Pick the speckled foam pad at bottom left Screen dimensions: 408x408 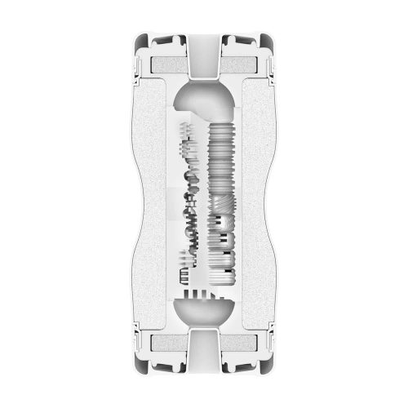click(167, 346)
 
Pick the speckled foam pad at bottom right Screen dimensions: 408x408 click(241, 346)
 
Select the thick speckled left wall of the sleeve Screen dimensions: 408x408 click(155, 204)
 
